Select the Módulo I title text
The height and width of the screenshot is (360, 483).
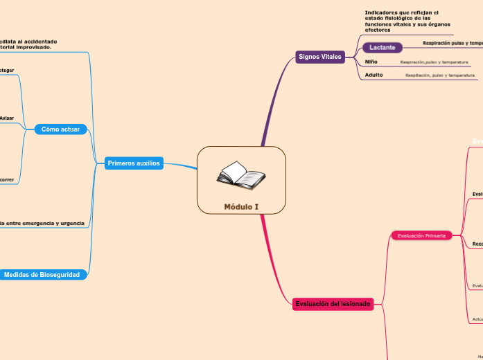[241, 206]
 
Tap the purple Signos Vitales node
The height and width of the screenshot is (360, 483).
[320, 57]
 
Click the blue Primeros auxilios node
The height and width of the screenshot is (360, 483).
[134, 163]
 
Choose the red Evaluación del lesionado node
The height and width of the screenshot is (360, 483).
[333, 304]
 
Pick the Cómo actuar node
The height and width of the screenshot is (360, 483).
[60, 129]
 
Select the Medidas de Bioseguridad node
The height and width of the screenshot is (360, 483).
[42, 275]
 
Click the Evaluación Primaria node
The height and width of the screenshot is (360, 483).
[421, 235]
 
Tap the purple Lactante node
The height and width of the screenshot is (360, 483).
[383, 48]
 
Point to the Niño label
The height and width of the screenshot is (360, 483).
[371, 62]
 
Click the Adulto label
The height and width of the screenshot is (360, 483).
[374, 75]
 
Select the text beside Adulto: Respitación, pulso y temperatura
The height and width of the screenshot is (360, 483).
[440, 75]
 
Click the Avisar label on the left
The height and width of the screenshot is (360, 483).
[7, 118]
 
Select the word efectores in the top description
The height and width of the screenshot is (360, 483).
[378, 30]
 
